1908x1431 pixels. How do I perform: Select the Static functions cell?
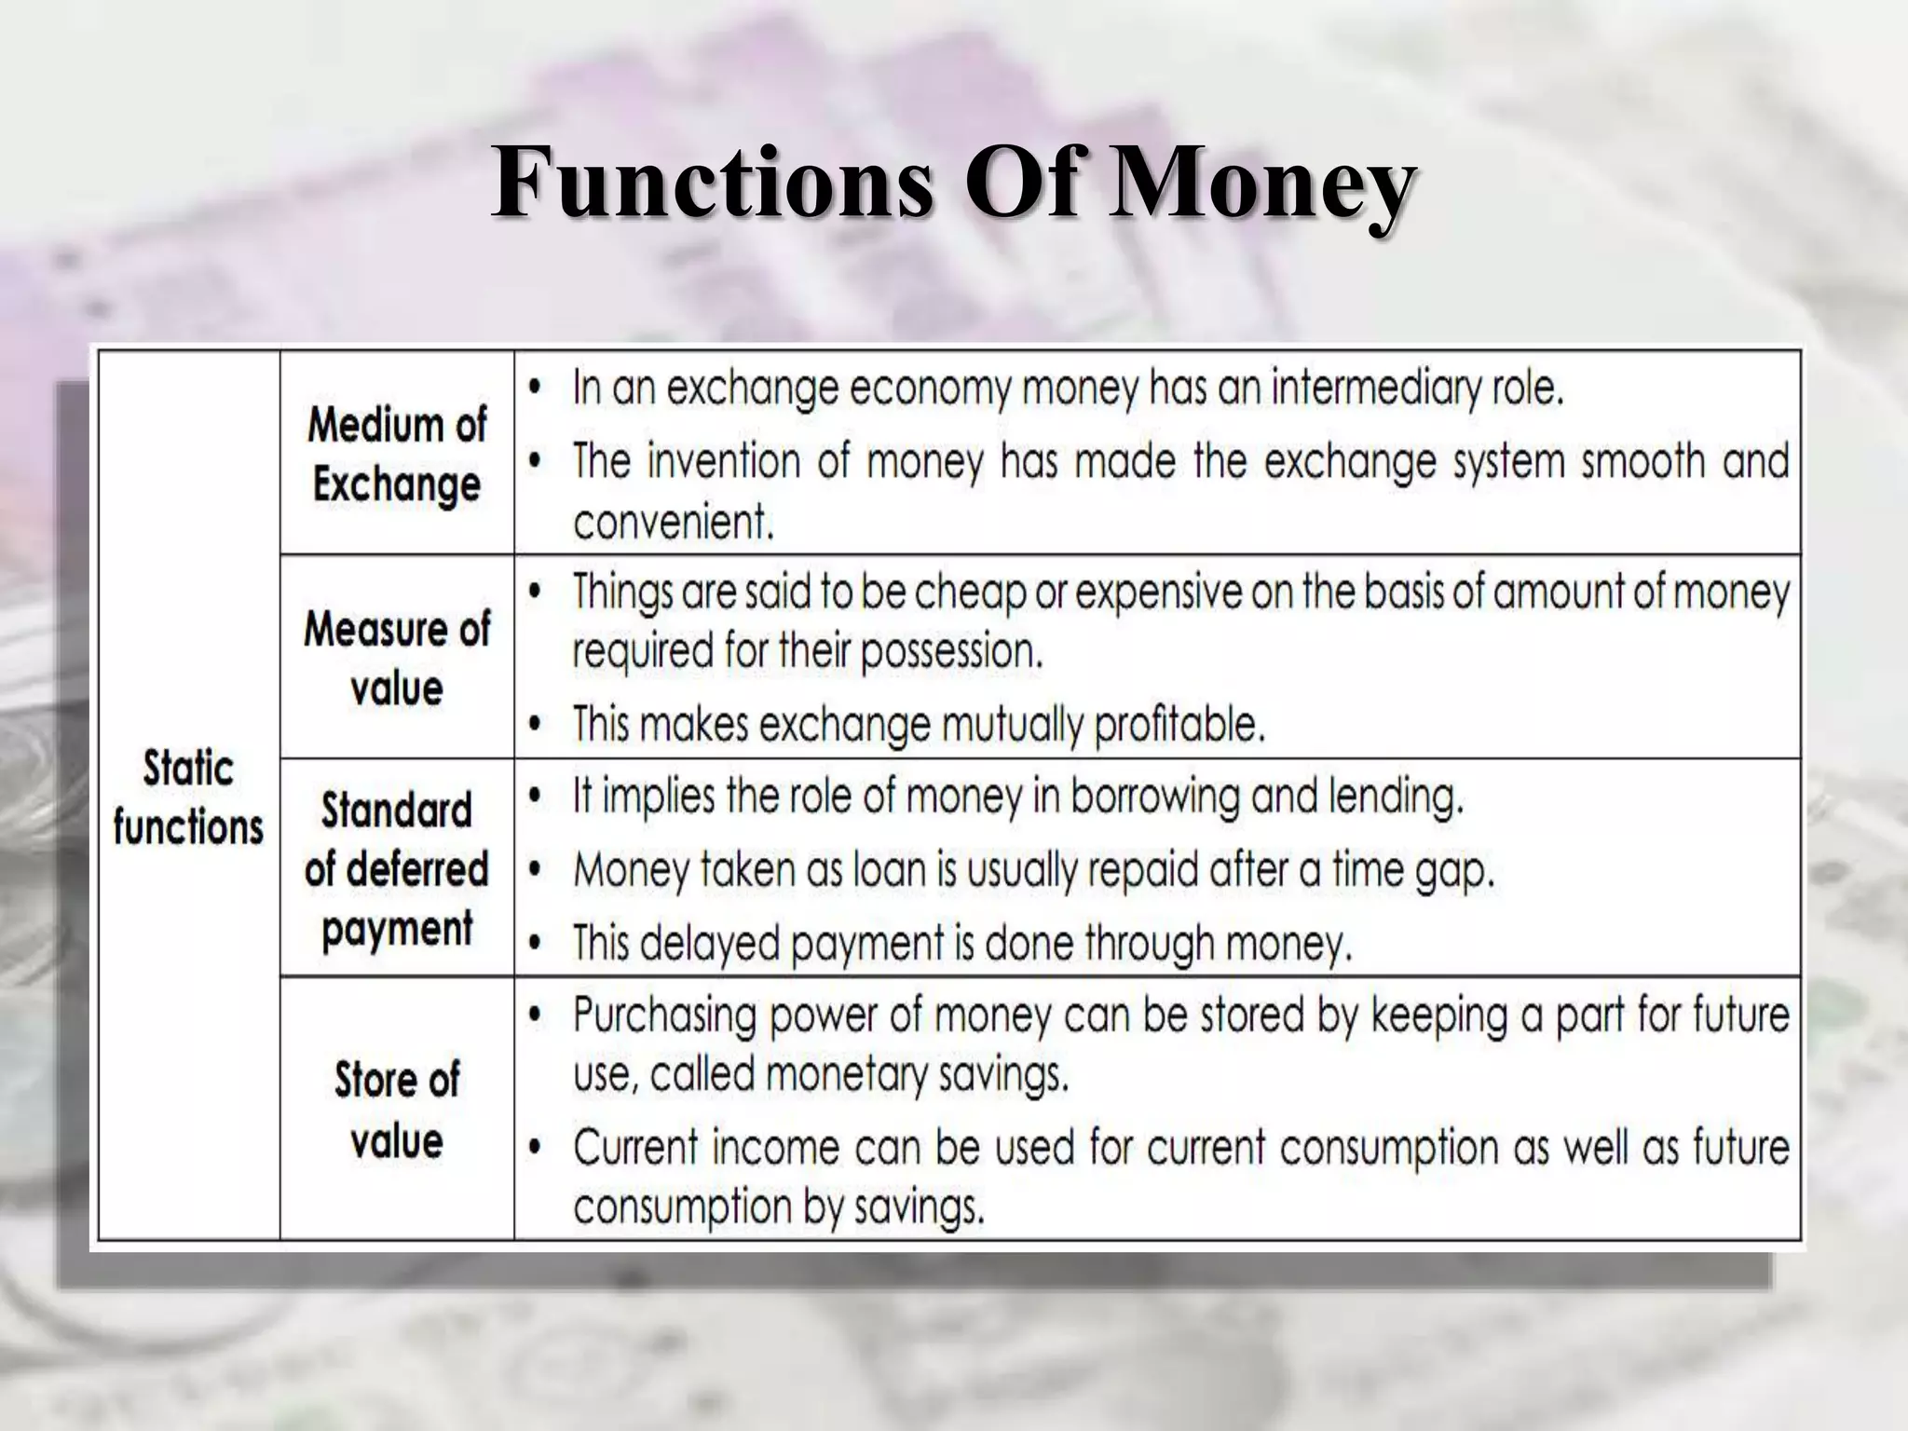[188, 797]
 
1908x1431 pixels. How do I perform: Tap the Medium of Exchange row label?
[397, 455]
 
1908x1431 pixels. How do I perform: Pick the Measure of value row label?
[397, 658]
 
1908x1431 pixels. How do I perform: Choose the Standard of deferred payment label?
[397, 869]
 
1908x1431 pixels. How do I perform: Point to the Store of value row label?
[397, 1110]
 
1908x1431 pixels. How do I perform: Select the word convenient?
[673, 522]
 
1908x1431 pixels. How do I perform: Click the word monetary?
[850, 1075]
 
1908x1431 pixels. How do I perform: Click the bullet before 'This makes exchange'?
[535, 724]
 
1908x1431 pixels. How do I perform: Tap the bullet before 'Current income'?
[535, 1148]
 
